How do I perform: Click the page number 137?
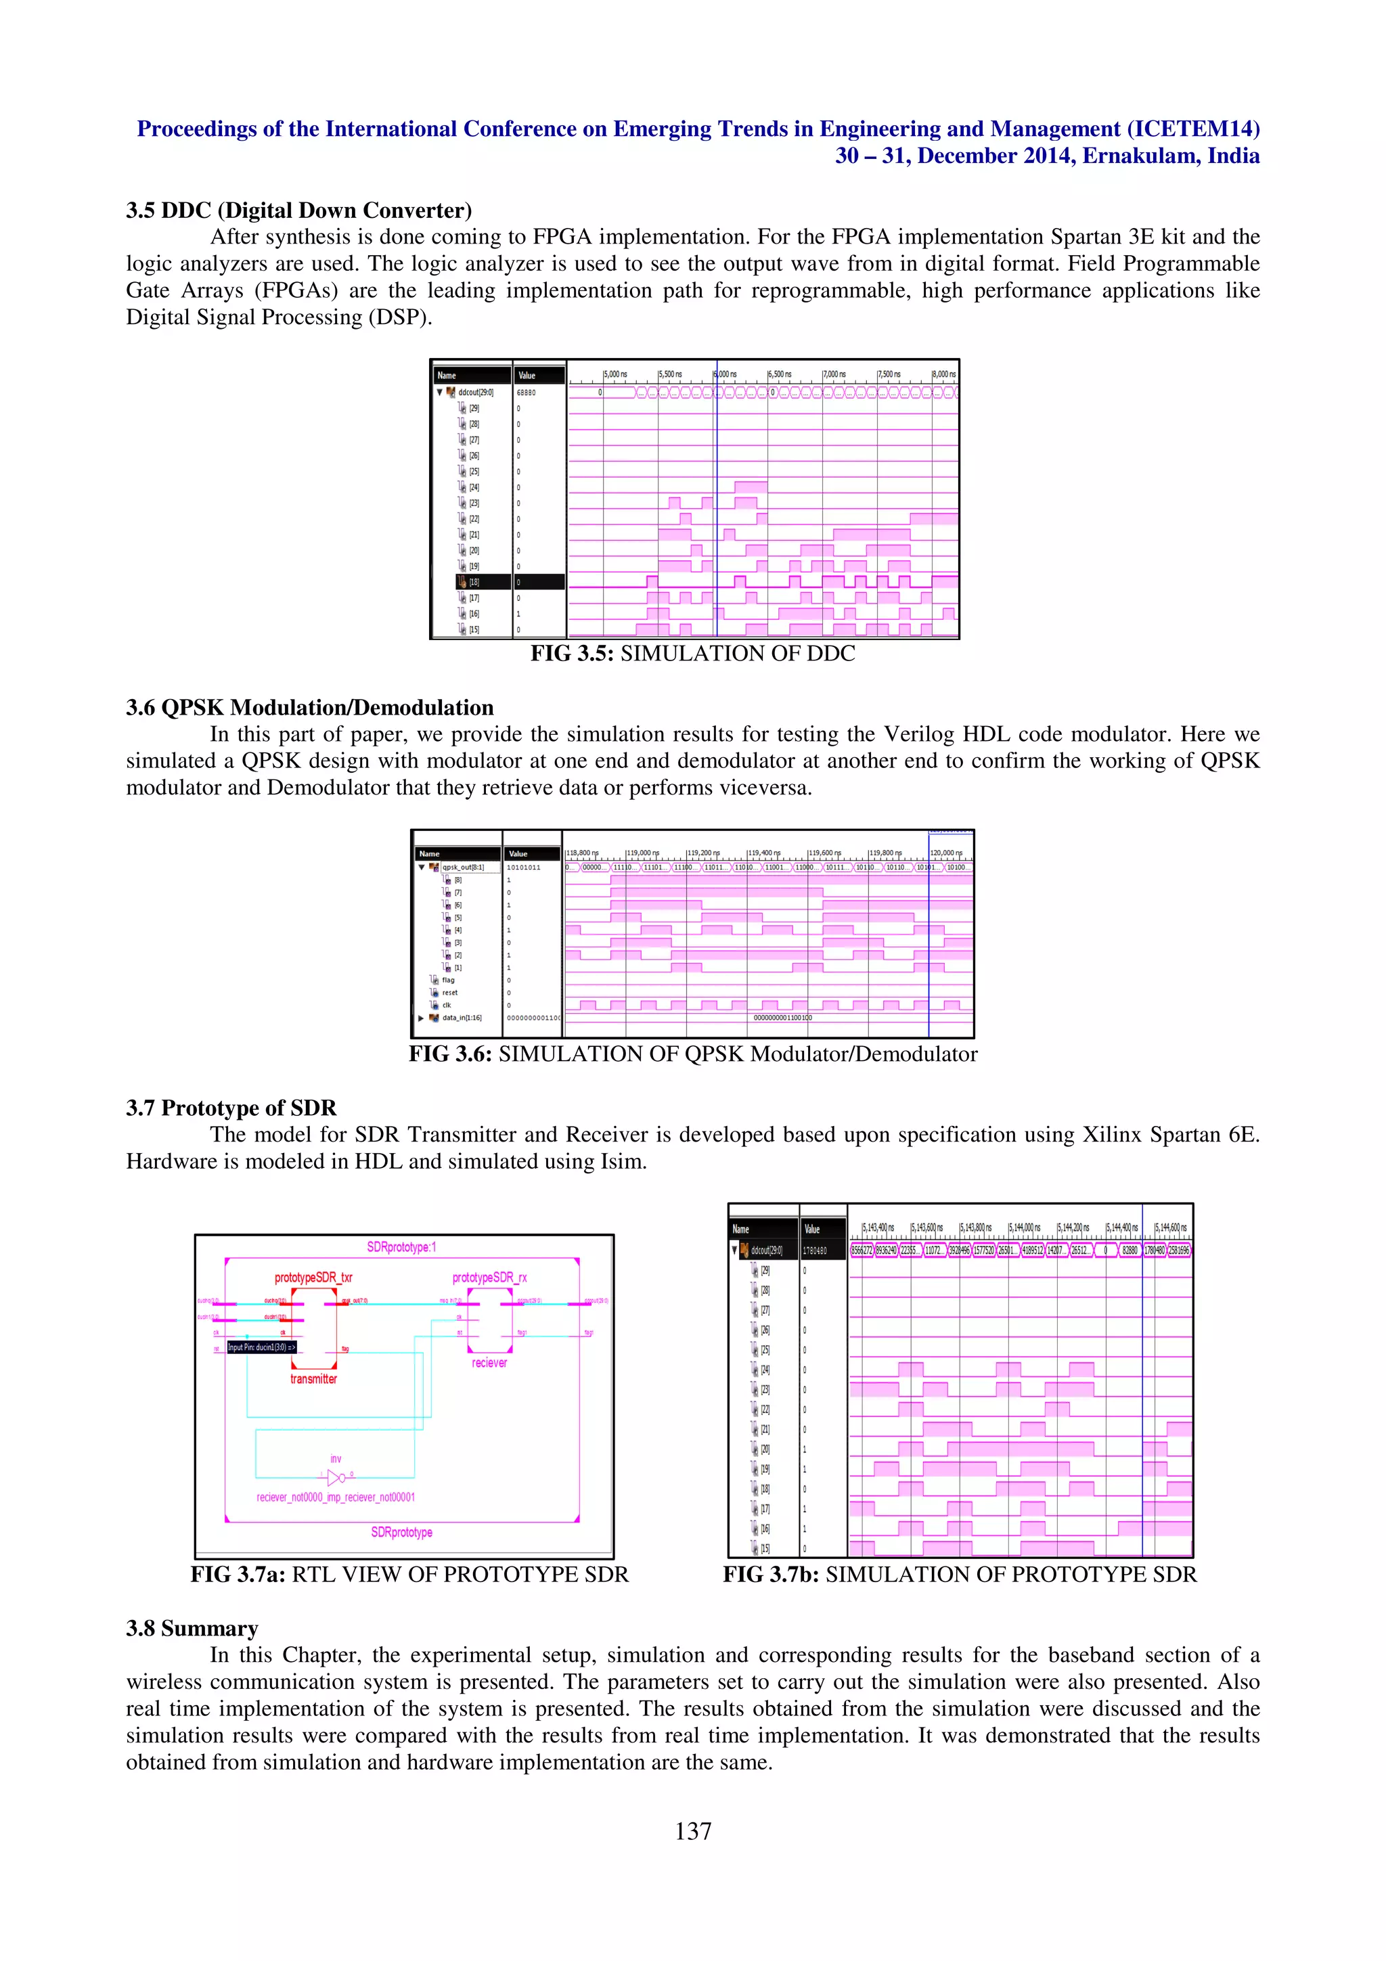click(692, 1830)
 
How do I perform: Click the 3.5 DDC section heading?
click(299, 210)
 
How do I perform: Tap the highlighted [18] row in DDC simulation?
click(483, 582)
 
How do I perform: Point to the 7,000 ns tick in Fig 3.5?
click(834, 374)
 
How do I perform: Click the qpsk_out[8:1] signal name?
click(462, 867)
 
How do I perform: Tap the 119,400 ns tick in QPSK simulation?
click(763, 853)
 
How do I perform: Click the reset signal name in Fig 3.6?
click(449, 993)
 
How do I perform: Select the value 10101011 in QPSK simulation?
click(524, 867)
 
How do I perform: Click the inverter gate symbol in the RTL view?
click(336, 1477)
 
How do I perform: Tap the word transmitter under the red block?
click(313, 1378)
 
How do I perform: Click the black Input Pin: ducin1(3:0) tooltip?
click(262, 1347)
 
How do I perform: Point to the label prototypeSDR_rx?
click(489, 1278)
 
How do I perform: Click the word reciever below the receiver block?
click(489, 1362)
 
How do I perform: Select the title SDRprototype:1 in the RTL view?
click(401, 1247)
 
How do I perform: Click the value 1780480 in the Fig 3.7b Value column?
click(815, 1250)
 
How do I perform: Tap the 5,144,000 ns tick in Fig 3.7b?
click(1024, 1227)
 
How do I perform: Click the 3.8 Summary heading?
click(192, 1628)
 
